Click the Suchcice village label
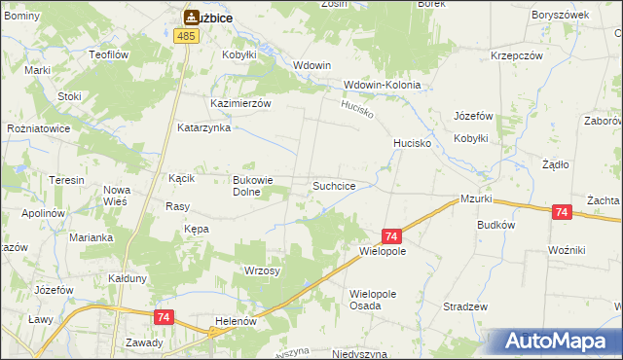[x=340, y=185]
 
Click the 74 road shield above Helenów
[x=163, y=317]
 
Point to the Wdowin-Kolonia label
[x=382, y=85]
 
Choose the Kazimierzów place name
[x=240, y=102]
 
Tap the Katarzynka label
[x=202, y=127]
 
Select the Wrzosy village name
[x=262, y=270]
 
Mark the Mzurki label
[x=477, y=199]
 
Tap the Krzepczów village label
[x=517, y=55]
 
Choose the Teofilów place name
[x=108, y=55]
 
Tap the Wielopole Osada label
[x=380, y=299]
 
